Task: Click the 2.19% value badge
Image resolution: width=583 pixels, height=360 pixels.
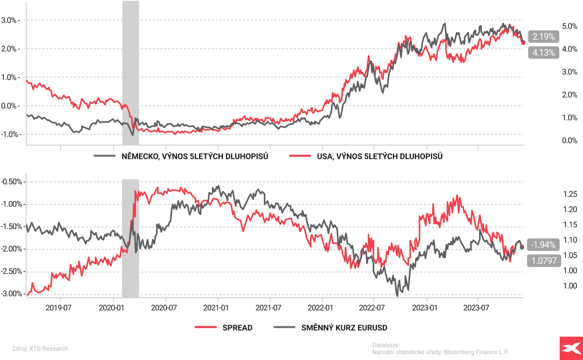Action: click(543, 37)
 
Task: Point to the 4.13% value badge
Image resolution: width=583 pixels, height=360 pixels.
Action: click(543, 52)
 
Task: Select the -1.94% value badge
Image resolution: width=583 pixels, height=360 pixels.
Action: click(543, 245)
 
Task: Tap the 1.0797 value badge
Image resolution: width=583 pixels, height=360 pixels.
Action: click(544, 260)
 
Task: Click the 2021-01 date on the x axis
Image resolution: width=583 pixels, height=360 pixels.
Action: click(216, 308)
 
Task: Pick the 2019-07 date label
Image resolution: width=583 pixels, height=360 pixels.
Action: click(59, 308)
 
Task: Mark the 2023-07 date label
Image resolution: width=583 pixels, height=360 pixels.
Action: click(476, 308)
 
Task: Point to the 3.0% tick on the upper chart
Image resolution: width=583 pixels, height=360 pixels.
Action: click(9, 20)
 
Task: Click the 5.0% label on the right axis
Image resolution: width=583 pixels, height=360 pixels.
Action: click(569, 26)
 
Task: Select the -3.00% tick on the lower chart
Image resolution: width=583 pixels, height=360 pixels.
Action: click(11, 294)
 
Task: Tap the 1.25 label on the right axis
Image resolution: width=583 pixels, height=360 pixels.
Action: click(570, 194)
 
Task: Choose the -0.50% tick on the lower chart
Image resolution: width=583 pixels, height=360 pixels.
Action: click(11, 182)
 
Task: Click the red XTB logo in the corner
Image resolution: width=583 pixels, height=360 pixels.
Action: click(571, 348)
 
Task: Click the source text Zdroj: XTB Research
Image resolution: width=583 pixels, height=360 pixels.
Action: click(40, 349)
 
